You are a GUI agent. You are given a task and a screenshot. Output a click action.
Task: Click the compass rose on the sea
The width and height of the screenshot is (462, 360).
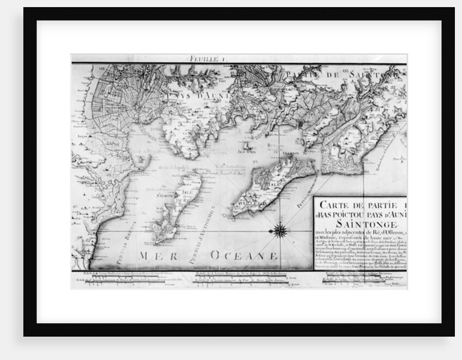(280, 230)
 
